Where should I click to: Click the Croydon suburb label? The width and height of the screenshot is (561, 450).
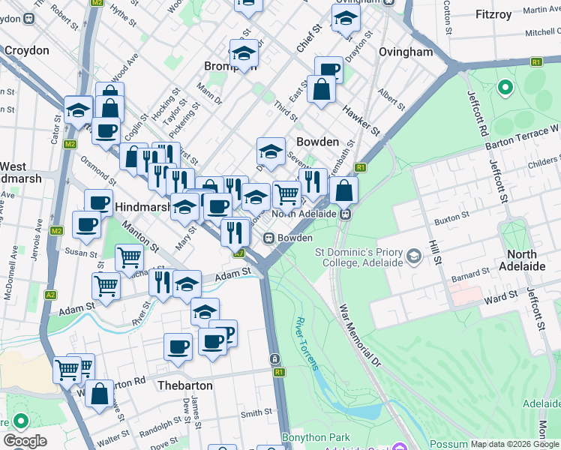click(x=26, y=51)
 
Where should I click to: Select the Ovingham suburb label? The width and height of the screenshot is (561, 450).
click(x=406, y=52)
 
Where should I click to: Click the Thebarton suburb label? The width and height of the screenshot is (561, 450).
click(x=185, y=385)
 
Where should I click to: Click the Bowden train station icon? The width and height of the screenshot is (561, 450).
click(x=268, y=238)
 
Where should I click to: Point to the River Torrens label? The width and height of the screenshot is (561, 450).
click(x=306, y=343)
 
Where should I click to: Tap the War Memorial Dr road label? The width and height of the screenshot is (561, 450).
click(x=361, y=334)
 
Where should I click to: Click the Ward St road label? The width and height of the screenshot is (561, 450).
click(x=502, y=295)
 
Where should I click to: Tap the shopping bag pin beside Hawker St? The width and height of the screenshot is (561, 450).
click(x=322, y=90)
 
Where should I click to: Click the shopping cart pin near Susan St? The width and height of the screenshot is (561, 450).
click(x=130, y=258)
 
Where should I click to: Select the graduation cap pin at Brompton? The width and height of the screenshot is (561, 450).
click(x=244, y=54)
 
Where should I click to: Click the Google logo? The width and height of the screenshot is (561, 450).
click(x=25, y=441)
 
